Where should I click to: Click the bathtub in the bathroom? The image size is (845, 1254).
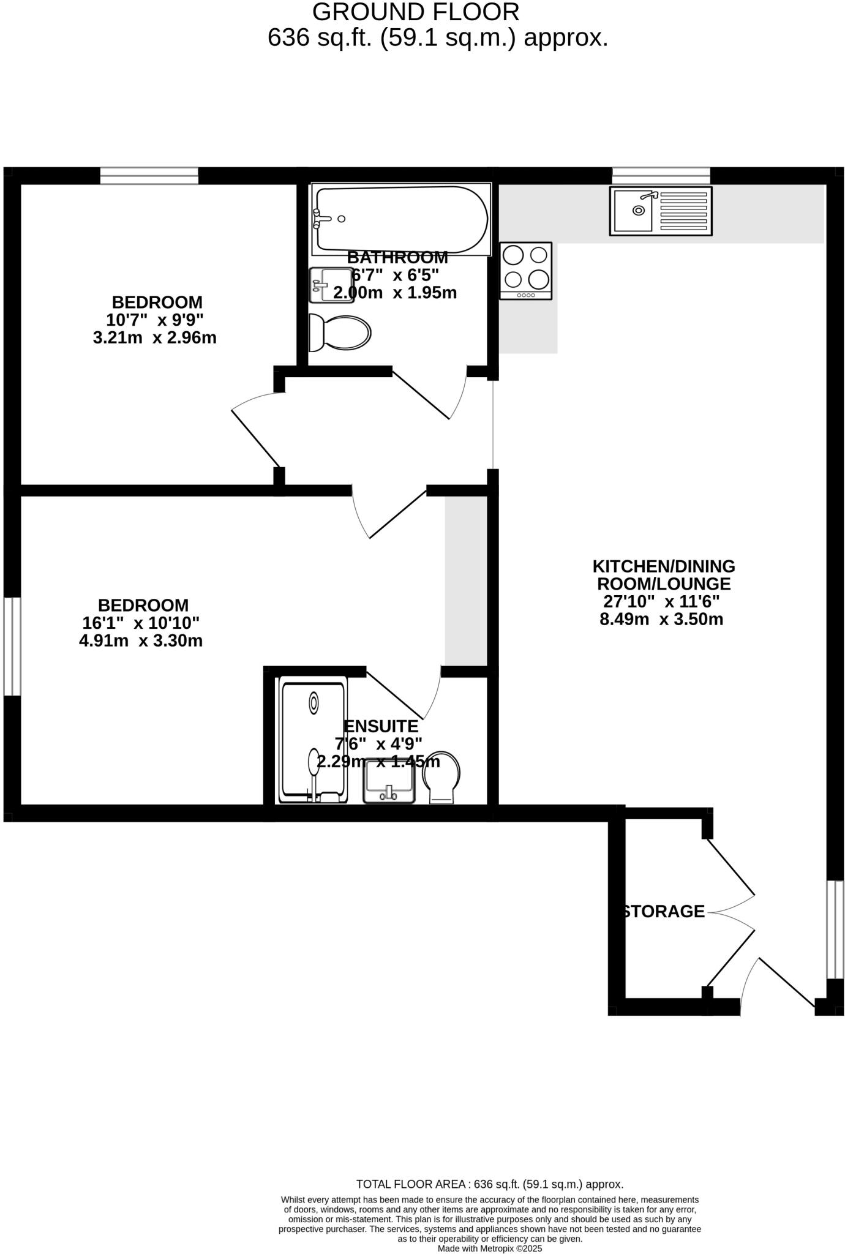401,219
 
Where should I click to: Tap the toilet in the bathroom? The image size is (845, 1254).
340,333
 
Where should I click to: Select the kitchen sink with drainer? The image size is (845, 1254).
661,211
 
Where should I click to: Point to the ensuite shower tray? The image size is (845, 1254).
313,740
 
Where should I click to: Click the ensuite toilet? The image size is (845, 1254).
442,778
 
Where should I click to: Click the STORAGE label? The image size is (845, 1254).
664,912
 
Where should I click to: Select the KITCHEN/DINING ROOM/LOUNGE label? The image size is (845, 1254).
664,575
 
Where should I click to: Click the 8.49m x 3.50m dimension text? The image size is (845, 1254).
661,619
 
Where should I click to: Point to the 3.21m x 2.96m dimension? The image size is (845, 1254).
155,337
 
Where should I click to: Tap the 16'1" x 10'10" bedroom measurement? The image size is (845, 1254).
141,623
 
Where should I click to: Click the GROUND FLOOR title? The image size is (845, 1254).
416,12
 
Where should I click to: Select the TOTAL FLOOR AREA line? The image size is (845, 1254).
490,1184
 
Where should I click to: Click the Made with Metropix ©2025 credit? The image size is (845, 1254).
490,1248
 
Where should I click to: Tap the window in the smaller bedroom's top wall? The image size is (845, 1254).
149,176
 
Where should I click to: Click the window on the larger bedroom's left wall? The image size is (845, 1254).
12,646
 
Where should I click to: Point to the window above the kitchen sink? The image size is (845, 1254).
661,176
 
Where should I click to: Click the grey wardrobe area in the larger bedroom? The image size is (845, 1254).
465,579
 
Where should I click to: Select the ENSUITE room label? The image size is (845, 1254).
381,726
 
